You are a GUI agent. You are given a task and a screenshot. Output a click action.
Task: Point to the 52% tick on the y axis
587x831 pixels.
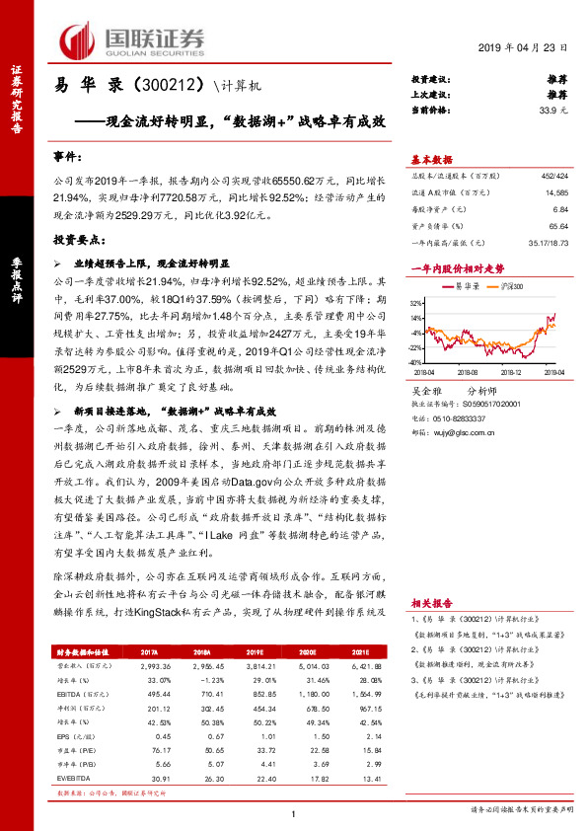pyautogui.click(x=417, y=304)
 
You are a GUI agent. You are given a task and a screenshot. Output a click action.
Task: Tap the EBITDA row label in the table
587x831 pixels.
pyautogui.click(x=72, y=694)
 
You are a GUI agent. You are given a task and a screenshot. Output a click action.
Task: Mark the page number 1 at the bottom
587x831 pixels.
pyautogui.click(x=294, y=813)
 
